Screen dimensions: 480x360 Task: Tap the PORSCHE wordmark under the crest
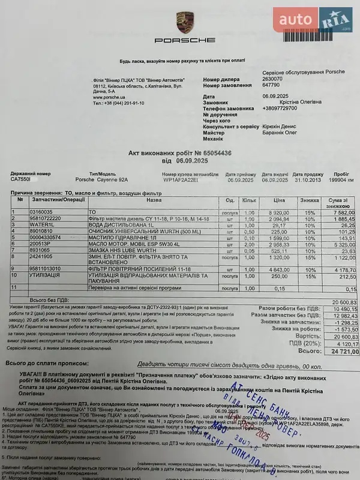tap(184, 40)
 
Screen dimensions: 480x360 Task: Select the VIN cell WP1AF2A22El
tap(181, 179)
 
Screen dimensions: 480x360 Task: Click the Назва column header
tap(146, 200)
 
